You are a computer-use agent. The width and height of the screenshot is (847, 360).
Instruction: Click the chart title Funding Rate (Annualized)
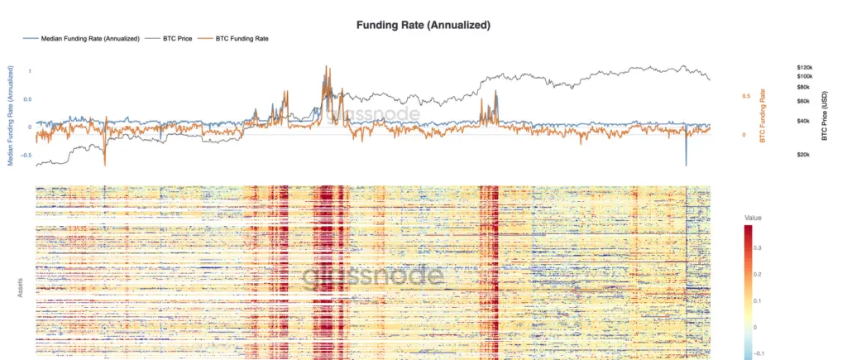pos(423,25)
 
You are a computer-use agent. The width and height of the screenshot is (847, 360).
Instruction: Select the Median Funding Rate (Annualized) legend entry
pos(89,38)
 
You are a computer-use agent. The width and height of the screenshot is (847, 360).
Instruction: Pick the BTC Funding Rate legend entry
pos(241,38)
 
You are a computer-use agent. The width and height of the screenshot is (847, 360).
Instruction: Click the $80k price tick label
pos(804,87)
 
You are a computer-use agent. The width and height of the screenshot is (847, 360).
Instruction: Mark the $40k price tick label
pos(804,121)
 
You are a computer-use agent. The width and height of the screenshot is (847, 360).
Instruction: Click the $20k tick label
pos(804,155)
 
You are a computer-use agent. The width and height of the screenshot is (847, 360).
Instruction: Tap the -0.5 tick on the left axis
pos(26,155)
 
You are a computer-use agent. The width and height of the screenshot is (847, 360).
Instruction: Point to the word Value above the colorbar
pos(753,218)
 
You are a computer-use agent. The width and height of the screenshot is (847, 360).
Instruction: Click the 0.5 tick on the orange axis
pos(745,96)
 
